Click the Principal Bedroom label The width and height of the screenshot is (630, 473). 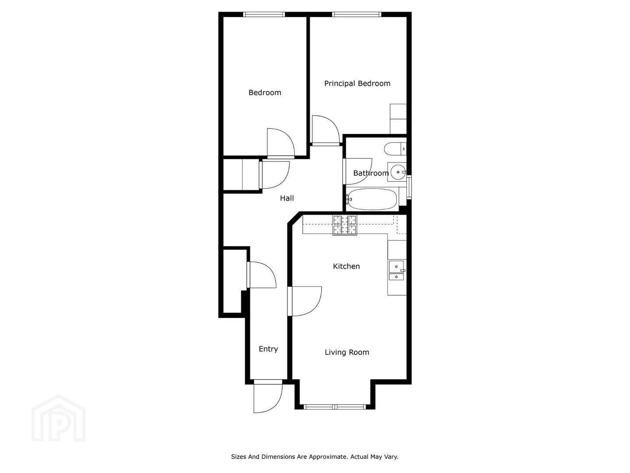[357, 84]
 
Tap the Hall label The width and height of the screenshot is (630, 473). [287, 198]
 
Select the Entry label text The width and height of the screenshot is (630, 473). [268, 349]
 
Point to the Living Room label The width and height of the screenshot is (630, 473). [346, 353]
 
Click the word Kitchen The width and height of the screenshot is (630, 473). [346, 266]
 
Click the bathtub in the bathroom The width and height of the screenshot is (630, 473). [372, 199]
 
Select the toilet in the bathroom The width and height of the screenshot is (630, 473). [395, 149]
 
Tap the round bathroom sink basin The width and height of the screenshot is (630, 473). [399, 172]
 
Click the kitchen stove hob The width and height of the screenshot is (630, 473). [344, 225]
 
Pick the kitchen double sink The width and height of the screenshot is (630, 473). [396, 271]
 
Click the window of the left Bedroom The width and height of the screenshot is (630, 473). [264, 14]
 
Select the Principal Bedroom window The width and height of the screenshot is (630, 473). [357, 14]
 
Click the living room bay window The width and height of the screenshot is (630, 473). [335, 407]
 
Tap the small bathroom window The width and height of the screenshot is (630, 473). [409, 187]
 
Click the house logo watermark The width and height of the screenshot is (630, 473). [58, 418]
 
